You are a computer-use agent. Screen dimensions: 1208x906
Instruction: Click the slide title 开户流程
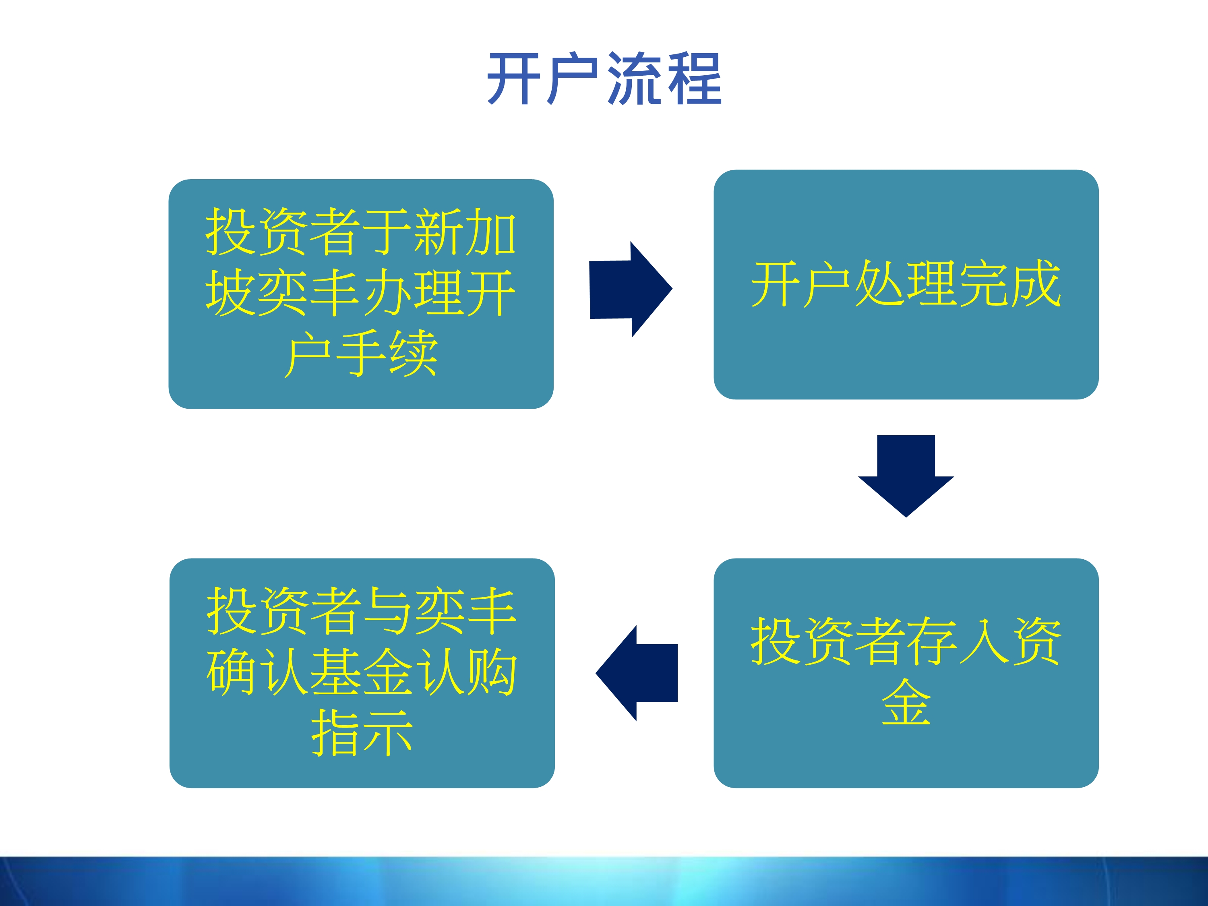[604, 79]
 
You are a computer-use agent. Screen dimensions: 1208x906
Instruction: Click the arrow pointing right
[631, 290]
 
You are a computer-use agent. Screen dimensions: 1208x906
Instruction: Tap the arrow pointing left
[637, 673]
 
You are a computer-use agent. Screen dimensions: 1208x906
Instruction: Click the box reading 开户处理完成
[906, 285]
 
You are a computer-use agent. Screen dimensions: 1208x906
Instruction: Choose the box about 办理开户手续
[361, 294]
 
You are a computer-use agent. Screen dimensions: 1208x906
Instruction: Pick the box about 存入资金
[906, 673]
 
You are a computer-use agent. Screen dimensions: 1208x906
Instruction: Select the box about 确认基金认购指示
[362, 673]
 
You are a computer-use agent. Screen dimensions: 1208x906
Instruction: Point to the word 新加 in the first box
[465, 232]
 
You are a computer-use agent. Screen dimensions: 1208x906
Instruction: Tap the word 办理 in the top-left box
[413, 293]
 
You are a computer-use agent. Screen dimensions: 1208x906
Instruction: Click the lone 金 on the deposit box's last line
[906, 703]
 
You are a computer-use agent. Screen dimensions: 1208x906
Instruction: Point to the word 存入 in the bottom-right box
[958, 642]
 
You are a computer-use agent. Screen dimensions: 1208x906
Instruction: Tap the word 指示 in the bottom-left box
[362, 733]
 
